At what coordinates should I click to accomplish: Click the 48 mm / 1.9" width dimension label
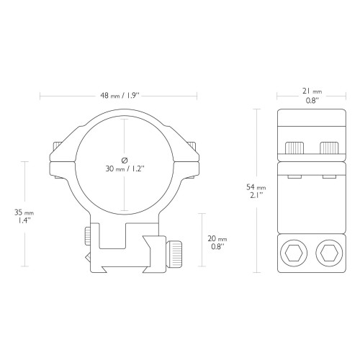120,96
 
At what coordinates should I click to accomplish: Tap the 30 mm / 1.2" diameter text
125,168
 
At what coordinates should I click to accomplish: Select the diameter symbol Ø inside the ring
125,160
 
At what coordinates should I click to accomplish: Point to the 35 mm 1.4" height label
24,216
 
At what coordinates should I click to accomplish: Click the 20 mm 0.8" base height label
217,243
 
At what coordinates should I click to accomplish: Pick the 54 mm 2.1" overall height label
256,191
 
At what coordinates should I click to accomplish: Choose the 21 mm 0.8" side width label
312,96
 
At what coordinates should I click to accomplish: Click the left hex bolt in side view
294,253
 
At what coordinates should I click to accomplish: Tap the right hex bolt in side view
329,253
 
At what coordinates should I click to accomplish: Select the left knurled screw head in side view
294,148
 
